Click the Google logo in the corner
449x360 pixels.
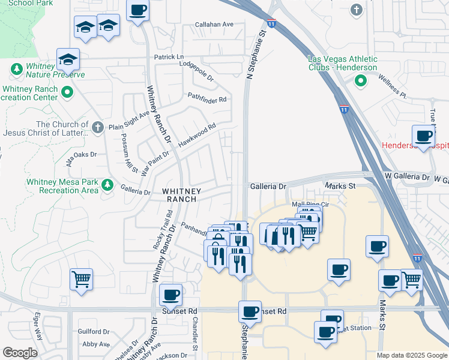pyautogui.click(x=20, y=353)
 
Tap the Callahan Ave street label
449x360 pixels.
pyautogui.click(x=214, y=25)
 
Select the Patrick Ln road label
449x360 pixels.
pyautogui.click(x=169, y=57)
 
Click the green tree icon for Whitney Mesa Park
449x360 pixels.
pyautogui.click(x=107, y=184)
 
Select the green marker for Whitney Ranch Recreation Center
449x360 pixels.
pyautogui.click(x=67, y=92)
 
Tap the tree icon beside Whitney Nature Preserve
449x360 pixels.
pyautogui.click(x=16, y=70)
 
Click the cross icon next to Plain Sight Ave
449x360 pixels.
pyautogui.click(x=99, y=127)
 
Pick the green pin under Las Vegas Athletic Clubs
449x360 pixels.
pyautogui.click(x=360, y=82)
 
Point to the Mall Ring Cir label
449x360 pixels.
pyautogui.click(x=307, y=204)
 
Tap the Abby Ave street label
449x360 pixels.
pyautogui.click(x=96, y=344)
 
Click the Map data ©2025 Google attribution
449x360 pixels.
pyautogui.click(x=412, y=355)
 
